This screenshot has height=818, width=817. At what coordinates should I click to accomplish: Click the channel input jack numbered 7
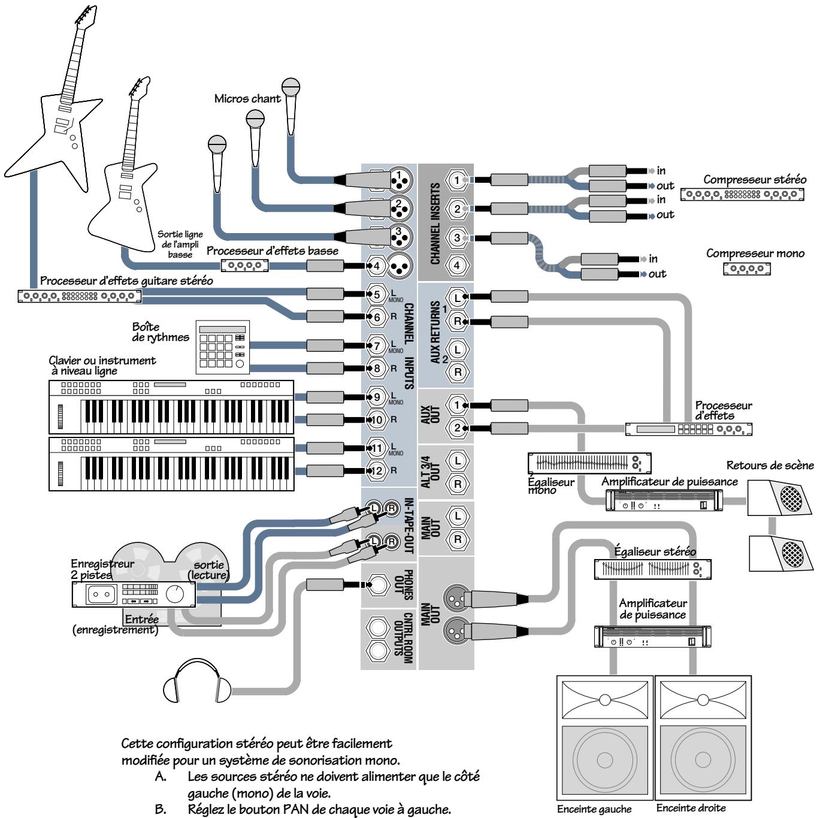[x=377, y=346]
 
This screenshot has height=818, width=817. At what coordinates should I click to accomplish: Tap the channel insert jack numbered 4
[x=458, y=265]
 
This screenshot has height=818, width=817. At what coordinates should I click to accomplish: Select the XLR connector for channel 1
[x=398, y=178]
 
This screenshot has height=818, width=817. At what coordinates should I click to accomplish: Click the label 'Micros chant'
[x=247, y=99]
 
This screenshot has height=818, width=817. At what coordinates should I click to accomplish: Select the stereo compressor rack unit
[x=742, y=195]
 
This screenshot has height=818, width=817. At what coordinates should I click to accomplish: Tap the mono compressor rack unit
[x=747, y=270]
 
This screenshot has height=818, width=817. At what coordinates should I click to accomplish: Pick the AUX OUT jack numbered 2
[x=458, y=428]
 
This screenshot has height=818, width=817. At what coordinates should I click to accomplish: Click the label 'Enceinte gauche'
[x=594, y=808]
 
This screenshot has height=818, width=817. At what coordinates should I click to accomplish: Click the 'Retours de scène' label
[x=770, y=466]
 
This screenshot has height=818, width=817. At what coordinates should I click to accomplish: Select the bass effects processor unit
[x=245, y=265]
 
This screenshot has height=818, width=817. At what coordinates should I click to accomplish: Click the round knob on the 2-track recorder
[x=175, y=594]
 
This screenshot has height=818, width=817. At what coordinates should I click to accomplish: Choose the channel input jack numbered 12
[x=377, y=470]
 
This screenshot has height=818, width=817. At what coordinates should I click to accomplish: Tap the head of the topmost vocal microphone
[x=291, y=87]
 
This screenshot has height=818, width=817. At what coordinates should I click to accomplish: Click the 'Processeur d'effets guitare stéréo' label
[x=126, y=280]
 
